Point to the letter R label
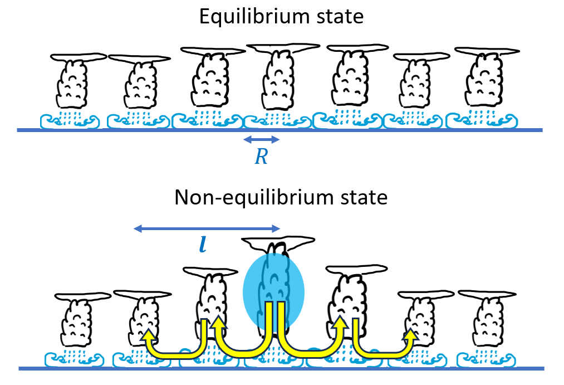(x=261, y=158)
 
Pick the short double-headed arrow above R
(x=262, y=139)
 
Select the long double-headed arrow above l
(x=207, y=228)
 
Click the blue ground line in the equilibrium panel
(x=278, y=130)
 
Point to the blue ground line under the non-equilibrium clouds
(x=278, y=368)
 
